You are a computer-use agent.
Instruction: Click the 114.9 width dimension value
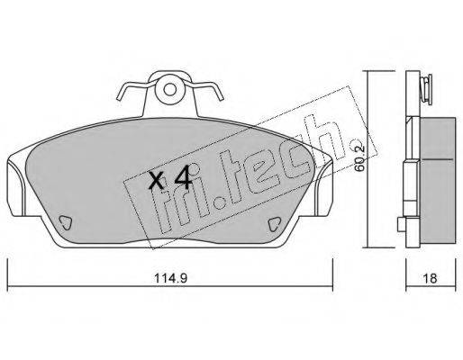171,278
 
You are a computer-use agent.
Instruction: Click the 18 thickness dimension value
431,278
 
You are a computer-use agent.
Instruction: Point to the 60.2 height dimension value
359,157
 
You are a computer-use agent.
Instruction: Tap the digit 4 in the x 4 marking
183,177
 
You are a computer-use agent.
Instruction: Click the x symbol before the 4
157,182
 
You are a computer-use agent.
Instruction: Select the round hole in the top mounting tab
170,89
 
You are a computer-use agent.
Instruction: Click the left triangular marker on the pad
65,222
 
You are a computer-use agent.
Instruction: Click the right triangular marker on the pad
274,224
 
